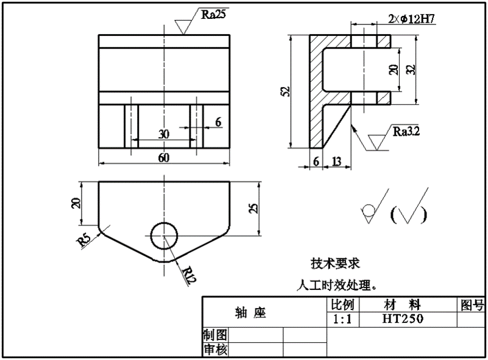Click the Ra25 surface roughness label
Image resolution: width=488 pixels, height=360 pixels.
[213, 14]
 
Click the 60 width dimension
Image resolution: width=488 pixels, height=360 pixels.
[164, 157]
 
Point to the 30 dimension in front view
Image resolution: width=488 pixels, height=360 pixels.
[164, 134]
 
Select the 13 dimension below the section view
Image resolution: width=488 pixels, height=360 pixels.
[336, 161]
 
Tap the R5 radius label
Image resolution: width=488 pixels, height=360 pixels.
[84, 241]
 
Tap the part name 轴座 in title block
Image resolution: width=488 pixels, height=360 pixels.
[251, 312]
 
